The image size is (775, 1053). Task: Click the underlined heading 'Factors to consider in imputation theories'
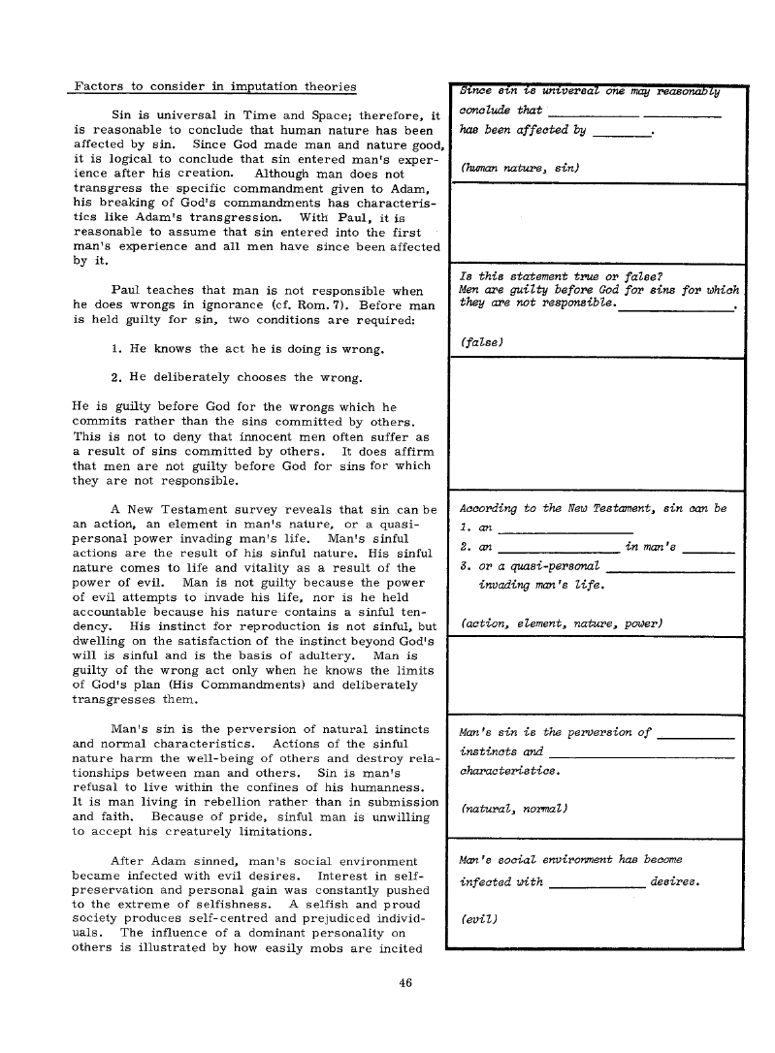tap(214, 86)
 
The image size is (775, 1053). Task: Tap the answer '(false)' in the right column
tap(483, 341)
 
